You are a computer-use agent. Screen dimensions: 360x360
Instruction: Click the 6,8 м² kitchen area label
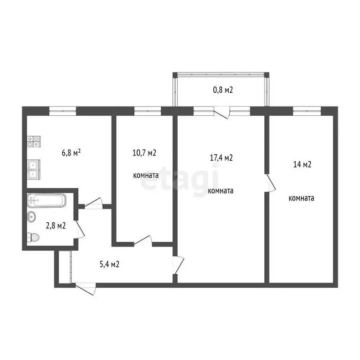(x=71, y=152)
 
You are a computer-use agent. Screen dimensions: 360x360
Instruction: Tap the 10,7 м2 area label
(x=145, y=152)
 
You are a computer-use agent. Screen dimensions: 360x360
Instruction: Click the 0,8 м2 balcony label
(x=221, y=89)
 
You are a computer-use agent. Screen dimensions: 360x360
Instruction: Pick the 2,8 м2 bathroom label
(x=55, y=225)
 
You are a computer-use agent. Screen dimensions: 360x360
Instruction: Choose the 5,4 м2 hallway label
(x=109, y=264)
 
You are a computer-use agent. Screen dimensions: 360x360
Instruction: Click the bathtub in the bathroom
(x=46, y=201)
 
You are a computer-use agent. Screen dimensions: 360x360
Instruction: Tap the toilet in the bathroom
(x=33, y=237)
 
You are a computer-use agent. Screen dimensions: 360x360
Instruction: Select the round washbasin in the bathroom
(x=31, y=217)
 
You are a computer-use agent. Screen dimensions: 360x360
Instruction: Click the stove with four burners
(x=33, y=142)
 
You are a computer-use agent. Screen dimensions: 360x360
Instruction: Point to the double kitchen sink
(x=33, y=170)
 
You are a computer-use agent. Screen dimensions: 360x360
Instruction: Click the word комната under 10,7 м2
(x=145, y=175)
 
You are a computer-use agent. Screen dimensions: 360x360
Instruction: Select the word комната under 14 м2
(x=301, y=198)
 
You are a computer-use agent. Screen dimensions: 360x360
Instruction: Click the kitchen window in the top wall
(x=63, y=111)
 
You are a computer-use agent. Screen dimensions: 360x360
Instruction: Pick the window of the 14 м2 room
(x=307, y=111)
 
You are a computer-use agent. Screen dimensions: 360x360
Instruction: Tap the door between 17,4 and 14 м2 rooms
(x=270, y=183)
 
